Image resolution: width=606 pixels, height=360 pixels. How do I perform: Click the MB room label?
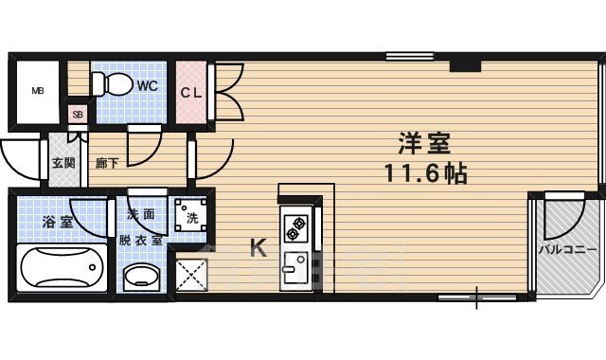pos(39,91)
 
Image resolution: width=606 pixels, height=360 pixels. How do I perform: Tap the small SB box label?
pos(78,115)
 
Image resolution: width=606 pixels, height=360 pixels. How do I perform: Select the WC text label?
pos(148,85)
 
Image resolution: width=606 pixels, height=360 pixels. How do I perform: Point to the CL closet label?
pos(192,92)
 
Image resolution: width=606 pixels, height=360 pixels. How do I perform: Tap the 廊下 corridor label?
pos(106,162)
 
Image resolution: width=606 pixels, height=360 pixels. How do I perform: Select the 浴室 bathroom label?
pos(57,223)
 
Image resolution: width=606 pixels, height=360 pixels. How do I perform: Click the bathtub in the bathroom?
pos(62,267)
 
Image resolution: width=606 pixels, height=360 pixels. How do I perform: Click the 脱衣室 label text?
pos(140,240)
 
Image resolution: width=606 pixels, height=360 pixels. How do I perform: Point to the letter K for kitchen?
pos(257,249)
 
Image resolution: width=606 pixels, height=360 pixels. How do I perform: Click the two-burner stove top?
pos(295,228)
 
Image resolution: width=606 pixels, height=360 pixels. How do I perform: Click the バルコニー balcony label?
pos(567,250)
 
